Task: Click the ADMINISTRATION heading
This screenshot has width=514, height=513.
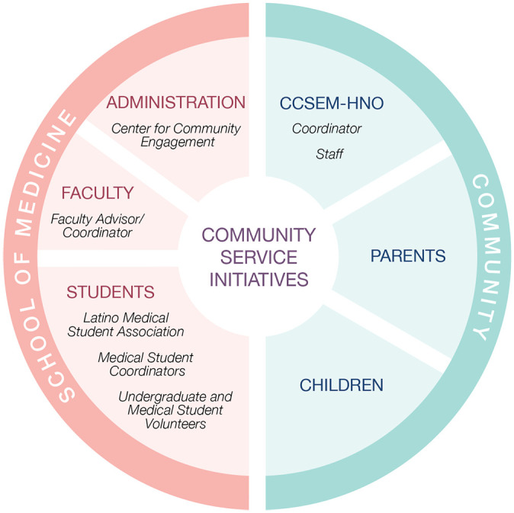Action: point(175,103)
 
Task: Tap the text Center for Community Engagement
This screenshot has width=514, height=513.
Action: point(175,134)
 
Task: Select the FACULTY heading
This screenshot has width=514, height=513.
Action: point(98,193)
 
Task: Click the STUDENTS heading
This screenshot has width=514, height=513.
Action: point(111,292)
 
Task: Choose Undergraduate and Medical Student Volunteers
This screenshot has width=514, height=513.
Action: point(175,410)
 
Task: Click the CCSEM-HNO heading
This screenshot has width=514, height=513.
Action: point(331,103)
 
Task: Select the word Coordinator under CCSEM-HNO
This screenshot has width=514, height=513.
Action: point(326,129)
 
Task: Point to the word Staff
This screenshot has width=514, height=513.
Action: point(329,155)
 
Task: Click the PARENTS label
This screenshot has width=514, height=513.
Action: point(408,256)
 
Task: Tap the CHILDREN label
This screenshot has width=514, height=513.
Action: point(341,386)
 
